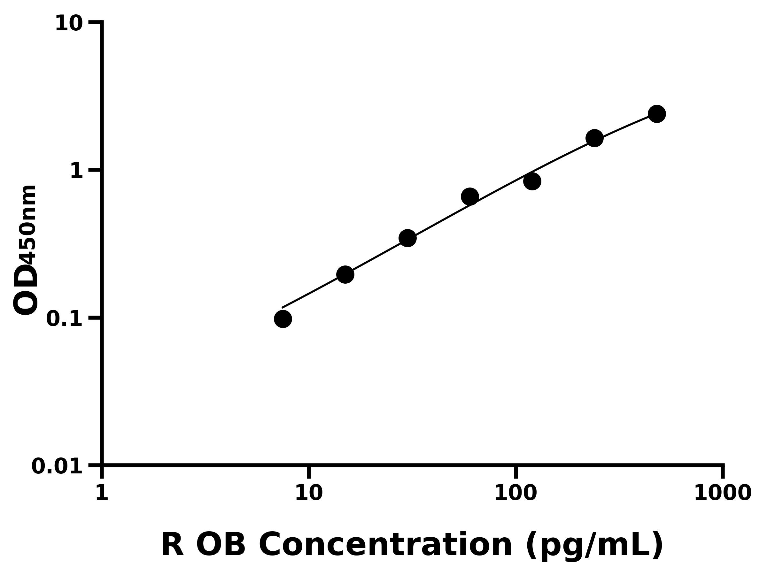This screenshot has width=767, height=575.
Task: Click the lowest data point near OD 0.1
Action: pos(283,319)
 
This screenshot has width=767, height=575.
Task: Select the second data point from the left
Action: pos(345,275)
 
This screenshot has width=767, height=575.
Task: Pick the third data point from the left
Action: pos(407,238)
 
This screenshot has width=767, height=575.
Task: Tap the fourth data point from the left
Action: pos(470,197)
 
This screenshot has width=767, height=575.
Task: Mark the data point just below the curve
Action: pos(532,181)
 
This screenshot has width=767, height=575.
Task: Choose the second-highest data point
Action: pos(594,138)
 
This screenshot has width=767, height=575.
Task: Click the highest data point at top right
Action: pos(657,114)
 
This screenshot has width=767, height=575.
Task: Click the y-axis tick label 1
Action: pos(77,171)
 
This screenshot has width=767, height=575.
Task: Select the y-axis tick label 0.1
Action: pos(65,319)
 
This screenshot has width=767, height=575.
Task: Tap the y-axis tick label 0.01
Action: pos(57,466)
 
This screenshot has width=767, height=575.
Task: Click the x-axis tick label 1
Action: pos(102,493)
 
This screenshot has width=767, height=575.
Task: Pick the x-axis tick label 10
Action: pos(309,493)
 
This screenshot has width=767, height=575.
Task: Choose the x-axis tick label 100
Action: pos(515,493)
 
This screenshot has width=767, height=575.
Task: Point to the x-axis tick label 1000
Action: pos(723,493)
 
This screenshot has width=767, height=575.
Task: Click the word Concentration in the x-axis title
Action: pos(385,545)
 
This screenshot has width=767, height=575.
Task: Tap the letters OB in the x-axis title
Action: pos(221,545)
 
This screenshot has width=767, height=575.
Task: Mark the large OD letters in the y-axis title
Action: pos(26,289)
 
